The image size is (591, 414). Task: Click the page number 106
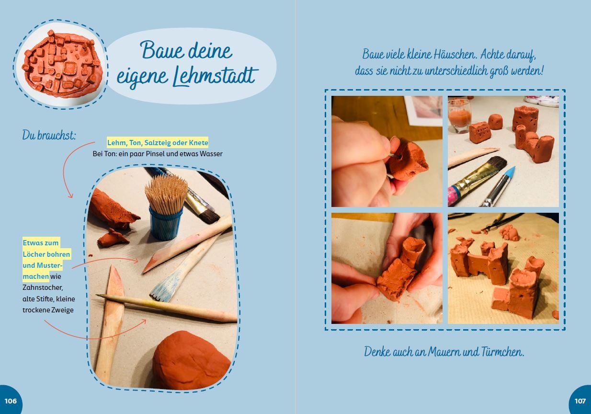click(11, 401)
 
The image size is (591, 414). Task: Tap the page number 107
click(580, 401)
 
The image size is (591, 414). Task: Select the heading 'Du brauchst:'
click(49, 135)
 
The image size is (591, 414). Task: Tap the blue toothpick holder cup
click(165, 224)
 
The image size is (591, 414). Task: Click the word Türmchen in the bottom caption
click(502, 352)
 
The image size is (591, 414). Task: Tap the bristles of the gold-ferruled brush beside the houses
click(496, 164)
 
